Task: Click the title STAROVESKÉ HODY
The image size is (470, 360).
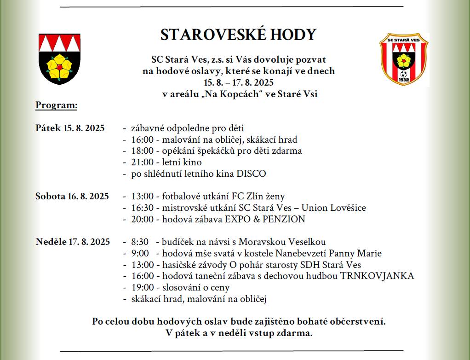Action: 238,35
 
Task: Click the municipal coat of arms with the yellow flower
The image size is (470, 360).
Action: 59,58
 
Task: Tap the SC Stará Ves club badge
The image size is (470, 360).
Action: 403,59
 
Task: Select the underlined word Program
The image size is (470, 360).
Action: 57,105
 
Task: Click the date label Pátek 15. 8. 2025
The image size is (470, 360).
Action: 70,128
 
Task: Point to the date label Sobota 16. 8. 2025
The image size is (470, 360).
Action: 72,196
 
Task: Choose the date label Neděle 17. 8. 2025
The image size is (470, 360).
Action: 73,242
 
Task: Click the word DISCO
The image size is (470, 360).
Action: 251,174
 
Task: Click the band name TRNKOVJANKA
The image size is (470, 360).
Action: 377,276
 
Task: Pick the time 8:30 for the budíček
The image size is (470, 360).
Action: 140,242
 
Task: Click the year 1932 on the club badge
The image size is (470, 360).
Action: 404,80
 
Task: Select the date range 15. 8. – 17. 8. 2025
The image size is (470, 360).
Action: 239,83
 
